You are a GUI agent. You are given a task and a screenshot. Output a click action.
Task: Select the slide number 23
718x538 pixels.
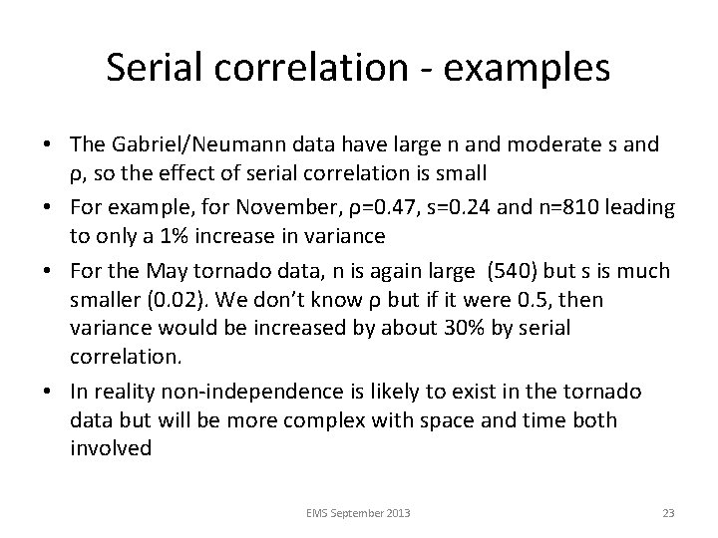click(668, 513)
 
